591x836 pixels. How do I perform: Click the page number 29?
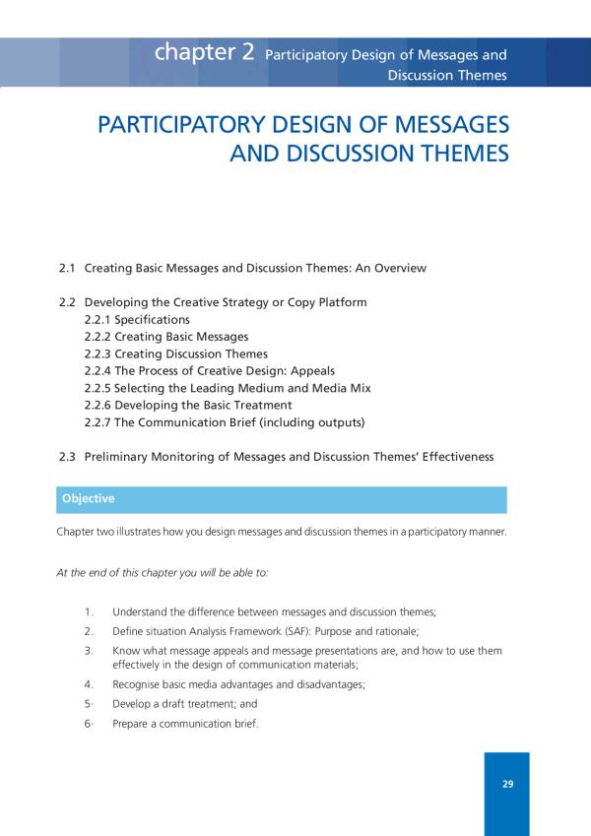pos(507,785)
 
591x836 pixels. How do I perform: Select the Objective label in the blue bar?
pos(88,499)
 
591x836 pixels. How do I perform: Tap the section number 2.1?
pos(68,268)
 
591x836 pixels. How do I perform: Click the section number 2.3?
pos(68,457)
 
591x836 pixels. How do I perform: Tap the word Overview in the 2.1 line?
pos(400,268)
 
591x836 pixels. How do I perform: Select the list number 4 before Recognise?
pos(89,683)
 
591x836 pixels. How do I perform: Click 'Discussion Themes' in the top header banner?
pos(447,75)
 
